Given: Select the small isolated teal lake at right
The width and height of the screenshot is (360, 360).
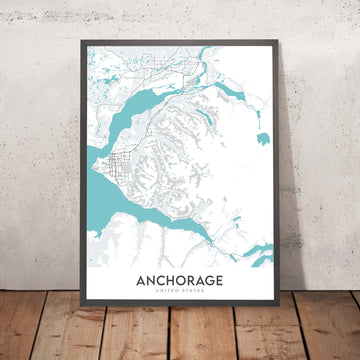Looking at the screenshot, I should coord(262,137).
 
